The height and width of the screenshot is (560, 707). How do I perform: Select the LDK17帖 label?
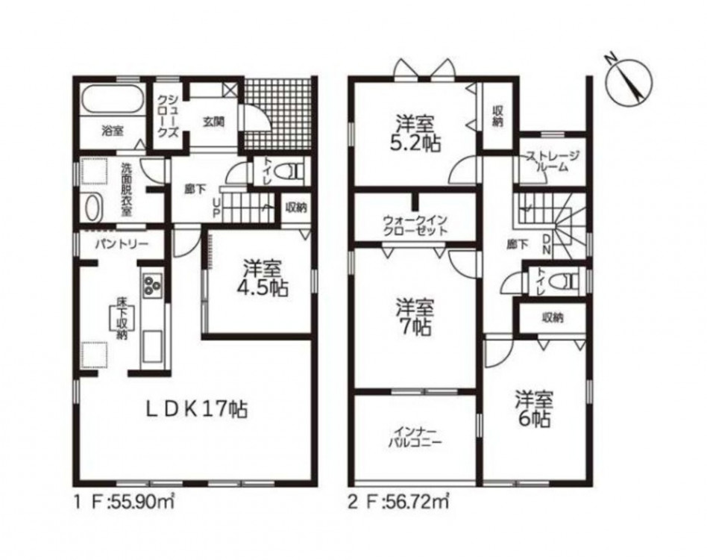tap(196, 410)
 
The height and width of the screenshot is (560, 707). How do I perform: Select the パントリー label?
tap(122, 244)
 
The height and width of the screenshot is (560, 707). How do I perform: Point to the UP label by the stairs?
tap(216, 208)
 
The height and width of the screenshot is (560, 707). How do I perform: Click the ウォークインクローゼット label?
tap(415, 225)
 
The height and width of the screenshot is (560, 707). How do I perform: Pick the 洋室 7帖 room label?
tap(415, 317)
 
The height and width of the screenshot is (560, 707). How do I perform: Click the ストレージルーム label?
tap(553, 161)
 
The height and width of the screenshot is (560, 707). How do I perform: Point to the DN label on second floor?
tap(546, 244)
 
